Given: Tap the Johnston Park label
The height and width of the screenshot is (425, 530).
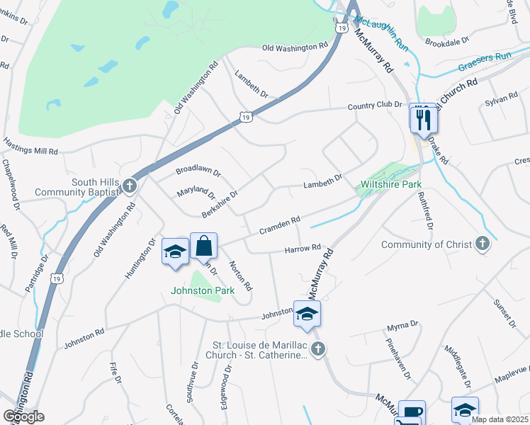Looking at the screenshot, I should click(196, 289).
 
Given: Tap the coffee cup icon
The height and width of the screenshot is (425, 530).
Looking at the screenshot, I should click(412, 414).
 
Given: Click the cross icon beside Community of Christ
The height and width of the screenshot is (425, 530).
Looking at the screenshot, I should click(482, 245).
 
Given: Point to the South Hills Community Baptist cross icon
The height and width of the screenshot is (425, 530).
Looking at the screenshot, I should click(129, 186).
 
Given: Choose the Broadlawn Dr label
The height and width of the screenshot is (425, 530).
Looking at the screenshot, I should click(198, 172).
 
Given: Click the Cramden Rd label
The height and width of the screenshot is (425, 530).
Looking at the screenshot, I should click(279, 227).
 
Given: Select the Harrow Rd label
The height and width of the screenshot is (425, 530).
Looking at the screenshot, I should click(303, 249).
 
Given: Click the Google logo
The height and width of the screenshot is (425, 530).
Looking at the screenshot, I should click(24, 416).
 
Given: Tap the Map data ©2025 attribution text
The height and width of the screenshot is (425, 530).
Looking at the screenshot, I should click(499, 419).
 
